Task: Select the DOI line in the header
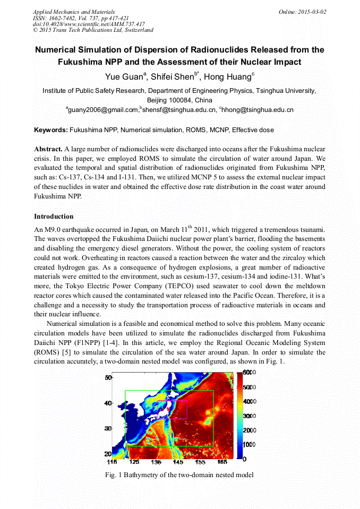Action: [88, 24]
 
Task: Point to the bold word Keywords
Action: [50, 130]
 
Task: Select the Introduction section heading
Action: [54, 217]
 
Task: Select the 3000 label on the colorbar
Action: [250, 416]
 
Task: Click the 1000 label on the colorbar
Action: [250, 444]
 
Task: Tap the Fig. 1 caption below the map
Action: [179, 475]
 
